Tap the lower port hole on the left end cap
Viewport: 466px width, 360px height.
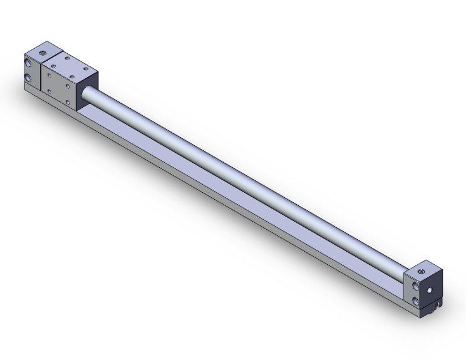pyautogui.click(x=29, y=78)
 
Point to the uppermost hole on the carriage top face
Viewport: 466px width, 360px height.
pyautogui.click(x=67, y=56)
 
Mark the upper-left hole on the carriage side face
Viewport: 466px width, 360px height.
pyautogui.click(x=49, y=74)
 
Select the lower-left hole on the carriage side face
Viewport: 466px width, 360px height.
pyautogui.click(x=49, y=91)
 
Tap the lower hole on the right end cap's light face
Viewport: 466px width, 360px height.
pyautogui.click(x=417, y=301)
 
